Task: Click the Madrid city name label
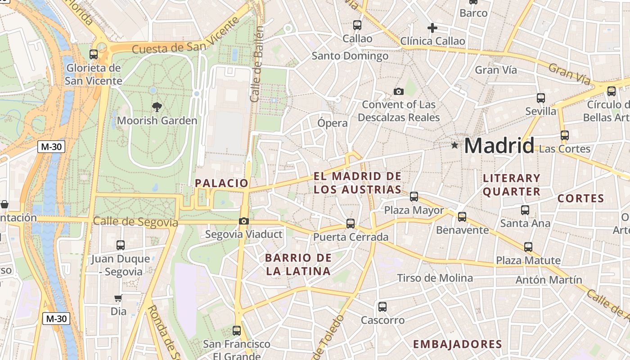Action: tap(499, 146)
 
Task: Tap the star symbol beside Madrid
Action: tap(454, 145)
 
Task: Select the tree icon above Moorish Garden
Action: tap(157, 107)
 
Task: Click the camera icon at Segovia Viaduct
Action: tap(243, 221)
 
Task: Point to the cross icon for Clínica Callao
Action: tap(432, 28)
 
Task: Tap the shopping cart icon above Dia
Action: tap(118, 298)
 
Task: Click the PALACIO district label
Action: tap(221, 183)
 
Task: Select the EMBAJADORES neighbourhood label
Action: tap(457, 345)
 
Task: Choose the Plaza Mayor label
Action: tap(414, 211)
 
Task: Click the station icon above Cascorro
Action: tap(382, 307)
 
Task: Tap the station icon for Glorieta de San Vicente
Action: tap(94, 54)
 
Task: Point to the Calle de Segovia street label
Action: tap(135, 222)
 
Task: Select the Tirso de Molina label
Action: tap(435, 278)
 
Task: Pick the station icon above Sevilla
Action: tap(541, 98)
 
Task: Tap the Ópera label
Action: tap(333, 123)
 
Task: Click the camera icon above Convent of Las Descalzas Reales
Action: tap(398, 92)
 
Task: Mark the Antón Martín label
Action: tap(549, 280)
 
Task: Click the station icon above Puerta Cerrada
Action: tap(351, 223)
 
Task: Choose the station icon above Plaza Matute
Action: tap(528, 247)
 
